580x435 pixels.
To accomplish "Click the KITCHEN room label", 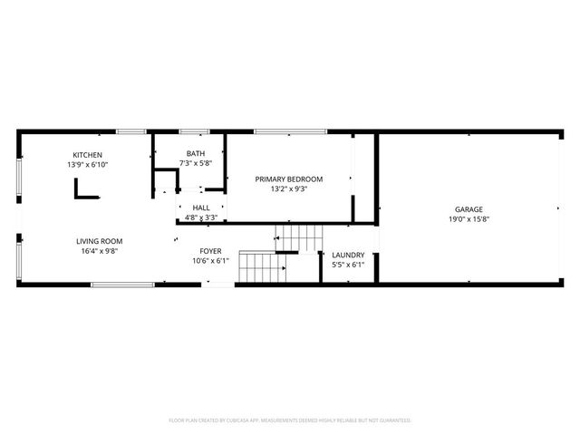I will click(87, 155).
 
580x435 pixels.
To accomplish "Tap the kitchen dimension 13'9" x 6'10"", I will click(87, 165).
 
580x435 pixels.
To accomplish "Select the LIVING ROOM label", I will click(100, 240).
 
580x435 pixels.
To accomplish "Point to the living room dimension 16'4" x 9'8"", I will click(100, 250).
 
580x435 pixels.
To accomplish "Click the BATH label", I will click(196, 153).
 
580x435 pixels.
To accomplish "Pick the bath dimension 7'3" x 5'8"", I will click(196, 163).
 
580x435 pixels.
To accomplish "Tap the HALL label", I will click(201, 208).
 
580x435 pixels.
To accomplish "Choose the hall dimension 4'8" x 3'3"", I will click(201, 217).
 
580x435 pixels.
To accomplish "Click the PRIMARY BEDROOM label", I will click(288, 179).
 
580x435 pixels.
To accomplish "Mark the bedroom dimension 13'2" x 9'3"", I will click(288, 189).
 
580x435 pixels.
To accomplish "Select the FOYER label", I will click(210, 250).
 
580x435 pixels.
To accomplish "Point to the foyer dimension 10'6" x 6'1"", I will click(210, 260).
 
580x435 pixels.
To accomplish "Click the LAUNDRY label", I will click(348, 255).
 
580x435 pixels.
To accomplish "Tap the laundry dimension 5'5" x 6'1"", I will click(348, 265).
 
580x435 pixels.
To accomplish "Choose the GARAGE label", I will click(469, 209).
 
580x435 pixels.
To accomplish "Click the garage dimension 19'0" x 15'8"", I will click(469, 219).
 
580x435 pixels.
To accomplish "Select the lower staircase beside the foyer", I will click(261, 267).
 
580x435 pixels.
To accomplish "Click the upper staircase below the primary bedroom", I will click(299, 237).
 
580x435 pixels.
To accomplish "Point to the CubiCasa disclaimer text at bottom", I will click(290, 420).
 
